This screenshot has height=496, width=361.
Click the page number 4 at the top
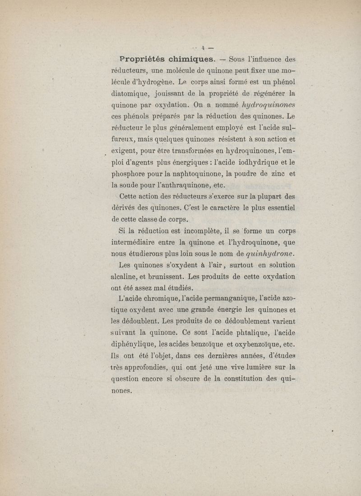coord(204,47)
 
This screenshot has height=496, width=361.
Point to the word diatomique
coord(131,94)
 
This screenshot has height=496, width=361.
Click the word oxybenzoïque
coord(258,345)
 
